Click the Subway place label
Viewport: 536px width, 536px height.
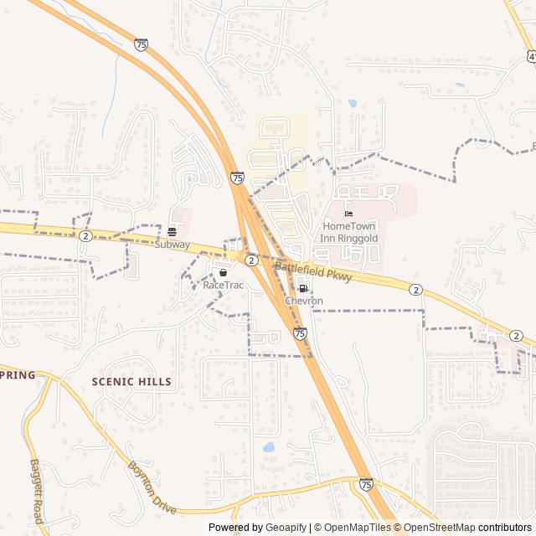[172, 245]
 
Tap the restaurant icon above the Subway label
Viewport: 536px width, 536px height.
[172, 232]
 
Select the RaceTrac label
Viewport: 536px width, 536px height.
[223, 286]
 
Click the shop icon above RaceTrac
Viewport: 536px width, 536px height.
[223, 273]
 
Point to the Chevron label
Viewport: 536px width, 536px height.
[304, 301]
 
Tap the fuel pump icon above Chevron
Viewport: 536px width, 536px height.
[304, 288]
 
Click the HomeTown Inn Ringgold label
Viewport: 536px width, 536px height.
[350, 233]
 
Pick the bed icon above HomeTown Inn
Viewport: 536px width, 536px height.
[349, 214]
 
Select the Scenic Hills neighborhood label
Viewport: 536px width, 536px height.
[131, 382]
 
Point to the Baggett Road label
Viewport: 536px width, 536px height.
[37, 491]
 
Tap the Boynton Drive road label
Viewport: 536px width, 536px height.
[152, 488]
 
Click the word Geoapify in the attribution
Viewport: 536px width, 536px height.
[286, 528]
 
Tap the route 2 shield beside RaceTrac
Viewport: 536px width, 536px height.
[250, 260]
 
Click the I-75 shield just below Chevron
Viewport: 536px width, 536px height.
[300, 333]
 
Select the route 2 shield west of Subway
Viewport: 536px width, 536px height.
[85, 237]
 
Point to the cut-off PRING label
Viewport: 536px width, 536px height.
[18, 375]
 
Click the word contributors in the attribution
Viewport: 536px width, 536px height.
[505, 528]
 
